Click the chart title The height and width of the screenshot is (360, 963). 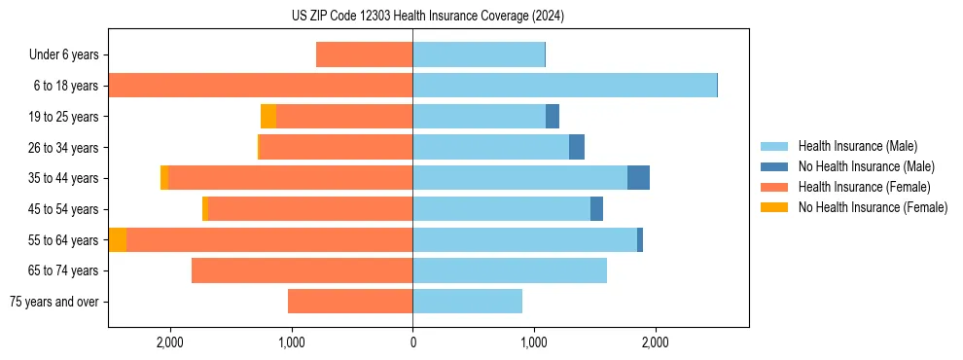pyautogui.click(x=427, y=16)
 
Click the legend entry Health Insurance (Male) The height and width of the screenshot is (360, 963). pyautogui.click(x=857, y=146)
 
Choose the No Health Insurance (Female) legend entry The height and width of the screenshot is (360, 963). pyautogui.click(x=873, y=207)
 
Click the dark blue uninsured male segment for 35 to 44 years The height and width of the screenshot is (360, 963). pyautogui.click(x=638, y=178)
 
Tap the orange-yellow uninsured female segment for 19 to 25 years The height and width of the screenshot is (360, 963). pyautogui.click(x=268, y=117)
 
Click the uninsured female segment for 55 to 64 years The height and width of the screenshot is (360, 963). pyautogui.click(x=118, y=240)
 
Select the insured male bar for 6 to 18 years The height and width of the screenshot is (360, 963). pyautogui.click(x=564, y=86)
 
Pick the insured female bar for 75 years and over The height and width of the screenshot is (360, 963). pyautogui.click(x=350, y=302)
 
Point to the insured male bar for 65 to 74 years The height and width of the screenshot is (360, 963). pyautogui.click(x=510, y=270)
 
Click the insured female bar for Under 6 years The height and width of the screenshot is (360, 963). pyautogui.click(x=364, y=54)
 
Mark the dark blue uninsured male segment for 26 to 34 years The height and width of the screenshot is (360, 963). pyautogui.click(x=577, y=147)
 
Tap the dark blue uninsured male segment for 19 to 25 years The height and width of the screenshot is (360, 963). pyautogui.click(x=553, y=117)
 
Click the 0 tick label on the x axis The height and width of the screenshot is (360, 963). pyautogui.click(x=412, y=342)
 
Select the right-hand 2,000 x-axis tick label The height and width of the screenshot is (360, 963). pyautogui.click(x=655, y=342)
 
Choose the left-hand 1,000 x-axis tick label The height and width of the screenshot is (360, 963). pyautogui.click(x=292, y=342)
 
